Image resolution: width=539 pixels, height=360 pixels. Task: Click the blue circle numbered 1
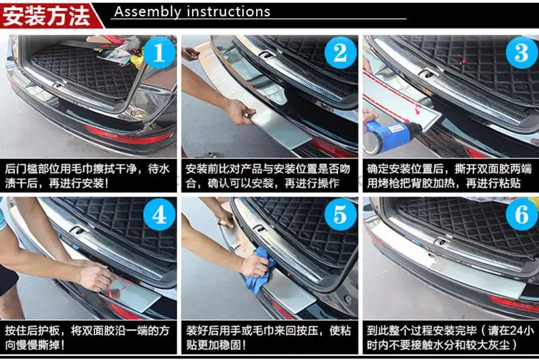pyautogui.click(x=159, y=53)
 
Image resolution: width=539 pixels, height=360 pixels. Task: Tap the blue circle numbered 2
pyautogui.click(x=340, y=53)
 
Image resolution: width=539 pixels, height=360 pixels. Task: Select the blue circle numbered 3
pyautogui.click(x=521, y=53)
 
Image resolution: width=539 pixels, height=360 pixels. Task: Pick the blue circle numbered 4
pyautogui.click(x=159, y=215)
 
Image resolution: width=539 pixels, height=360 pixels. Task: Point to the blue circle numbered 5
pyautogui.click(x=340, y=215)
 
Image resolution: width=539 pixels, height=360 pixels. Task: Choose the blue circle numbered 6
pyautogui.click(x=521, y=215)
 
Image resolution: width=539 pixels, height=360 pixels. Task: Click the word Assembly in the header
pyautogui.click(x=148, y=12)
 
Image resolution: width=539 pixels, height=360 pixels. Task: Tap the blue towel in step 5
pyautogui.click(x=262, y=272)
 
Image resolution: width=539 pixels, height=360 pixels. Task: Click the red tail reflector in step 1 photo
pyautogui.click(x=128, y=134)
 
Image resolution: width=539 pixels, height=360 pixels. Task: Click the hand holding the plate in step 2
pyautogui.click(x=242, y=112)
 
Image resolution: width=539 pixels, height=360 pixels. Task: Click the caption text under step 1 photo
pyautogui.click(x=88, y=176)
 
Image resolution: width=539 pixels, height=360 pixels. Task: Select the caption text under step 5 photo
pyautogui.click(x=268, y=338)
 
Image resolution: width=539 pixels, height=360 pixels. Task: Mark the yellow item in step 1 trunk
pyautogui.click(x=137, y=59)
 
